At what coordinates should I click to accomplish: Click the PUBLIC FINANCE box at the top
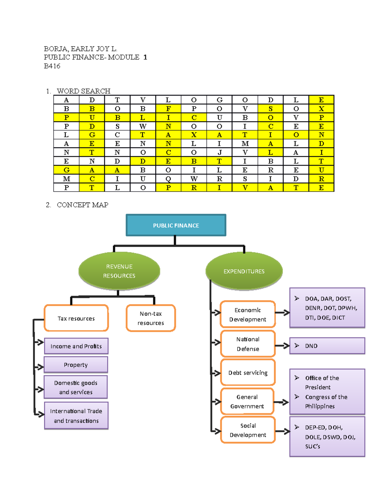point(176,225)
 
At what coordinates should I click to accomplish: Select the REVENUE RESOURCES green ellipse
point(119,271)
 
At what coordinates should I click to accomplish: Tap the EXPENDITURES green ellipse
point(244,271)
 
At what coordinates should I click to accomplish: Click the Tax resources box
point(76,318)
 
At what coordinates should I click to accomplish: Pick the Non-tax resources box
point(151,318)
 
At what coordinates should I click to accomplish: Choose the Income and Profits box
point(76,346)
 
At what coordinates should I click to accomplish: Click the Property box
point(76,365)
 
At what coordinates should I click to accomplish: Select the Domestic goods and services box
point(76,387)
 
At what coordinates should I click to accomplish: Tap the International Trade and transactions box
point(76,416)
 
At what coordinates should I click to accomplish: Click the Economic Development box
point(248,314)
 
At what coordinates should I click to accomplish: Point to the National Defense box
point(248,344)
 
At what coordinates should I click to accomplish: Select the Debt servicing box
point(248,373)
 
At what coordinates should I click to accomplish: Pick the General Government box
point(247,401)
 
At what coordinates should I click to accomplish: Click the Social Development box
point(248,430)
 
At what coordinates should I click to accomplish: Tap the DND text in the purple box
point(311,346)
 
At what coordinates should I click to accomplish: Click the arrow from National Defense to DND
point(282,345)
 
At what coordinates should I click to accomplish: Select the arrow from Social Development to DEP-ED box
point(283,432)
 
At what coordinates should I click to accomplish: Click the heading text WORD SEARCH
point(83,91)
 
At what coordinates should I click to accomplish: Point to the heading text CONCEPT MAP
point(82,205)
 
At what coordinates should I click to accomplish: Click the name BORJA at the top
point(55,49)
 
